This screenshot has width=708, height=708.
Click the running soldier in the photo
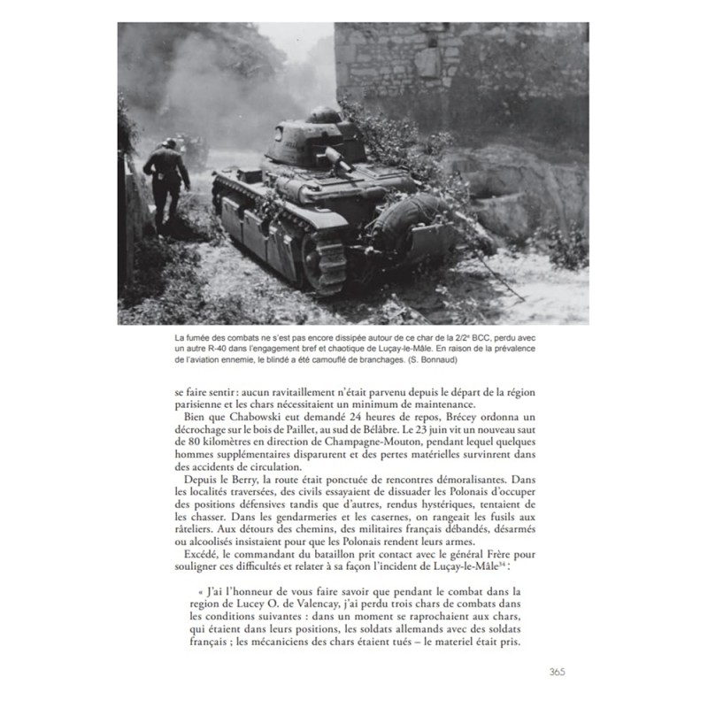pyautogui.click(x=166, y=181)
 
